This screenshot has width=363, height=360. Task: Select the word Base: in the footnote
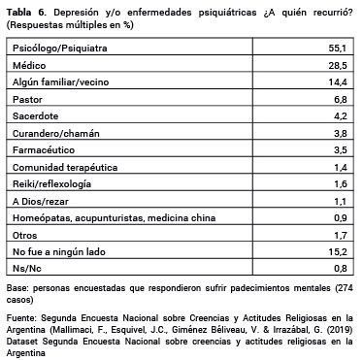(17, 289)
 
